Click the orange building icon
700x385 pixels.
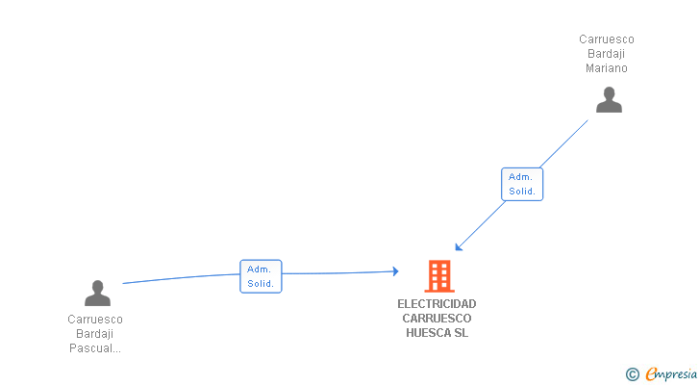click(439, 276)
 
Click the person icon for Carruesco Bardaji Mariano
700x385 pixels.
click(609, 100)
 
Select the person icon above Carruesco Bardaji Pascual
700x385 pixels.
click(97, 293)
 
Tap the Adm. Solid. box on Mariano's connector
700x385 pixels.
click(522, 184)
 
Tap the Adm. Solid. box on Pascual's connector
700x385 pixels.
click(261, 276)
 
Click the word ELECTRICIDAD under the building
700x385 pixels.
click(437, 304)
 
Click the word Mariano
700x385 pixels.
click(607, 68)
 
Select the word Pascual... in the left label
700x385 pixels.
click(95, 348)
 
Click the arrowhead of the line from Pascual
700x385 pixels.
click(394, 272)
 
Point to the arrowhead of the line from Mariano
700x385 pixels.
click(459, 246)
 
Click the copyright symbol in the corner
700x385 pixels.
click(632, 374)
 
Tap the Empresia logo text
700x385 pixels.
click(671, 373)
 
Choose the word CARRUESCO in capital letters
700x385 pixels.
click(437, 319)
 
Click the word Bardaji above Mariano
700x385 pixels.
click(607, 54)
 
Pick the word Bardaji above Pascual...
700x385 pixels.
click(95, 334)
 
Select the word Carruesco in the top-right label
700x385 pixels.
click(607, 39)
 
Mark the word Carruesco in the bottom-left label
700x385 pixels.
click(95, 320)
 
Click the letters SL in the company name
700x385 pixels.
click(461, 333)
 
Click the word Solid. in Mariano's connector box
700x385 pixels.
click(522, 192)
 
